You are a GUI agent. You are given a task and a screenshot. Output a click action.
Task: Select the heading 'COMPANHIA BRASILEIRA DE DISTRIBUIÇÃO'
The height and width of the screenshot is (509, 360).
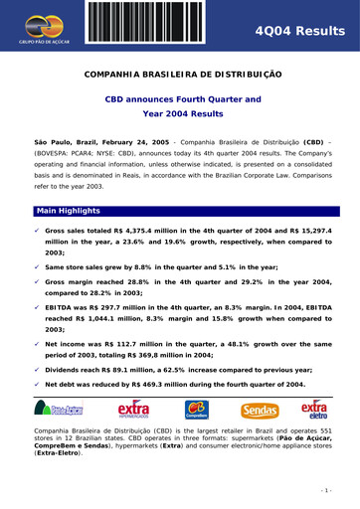pyautogui.click(x=180, y=75)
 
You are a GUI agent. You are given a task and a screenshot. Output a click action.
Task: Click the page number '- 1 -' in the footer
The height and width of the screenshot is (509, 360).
pyautogui.click(x=324, y=490)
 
